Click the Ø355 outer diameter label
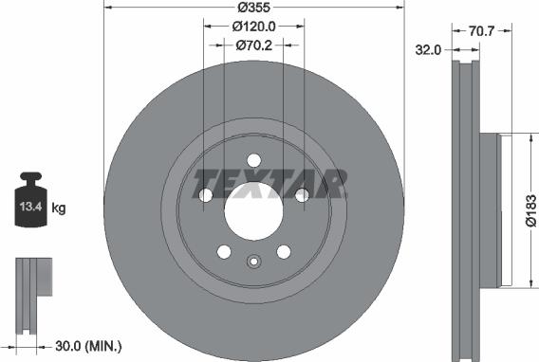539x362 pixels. (254, 9)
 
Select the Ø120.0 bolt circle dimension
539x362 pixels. (253, 27)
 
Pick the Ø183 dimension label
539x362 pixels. (532, 211)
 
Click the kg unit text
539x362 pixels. (58, 207)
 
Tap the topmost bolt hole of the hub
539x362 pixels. (253, 160)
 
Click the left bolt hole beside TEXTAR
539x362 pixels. (206, 195)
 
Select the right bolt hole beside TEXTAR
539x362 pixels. (302, 195)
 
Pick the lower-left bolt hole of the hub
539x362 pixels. (224, 251)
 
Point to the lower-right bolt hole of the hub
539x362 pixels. (283, 251)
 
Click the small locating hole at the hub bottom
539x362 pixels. (253, 262)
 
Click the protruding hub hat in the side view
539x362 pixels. (490, 209)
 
